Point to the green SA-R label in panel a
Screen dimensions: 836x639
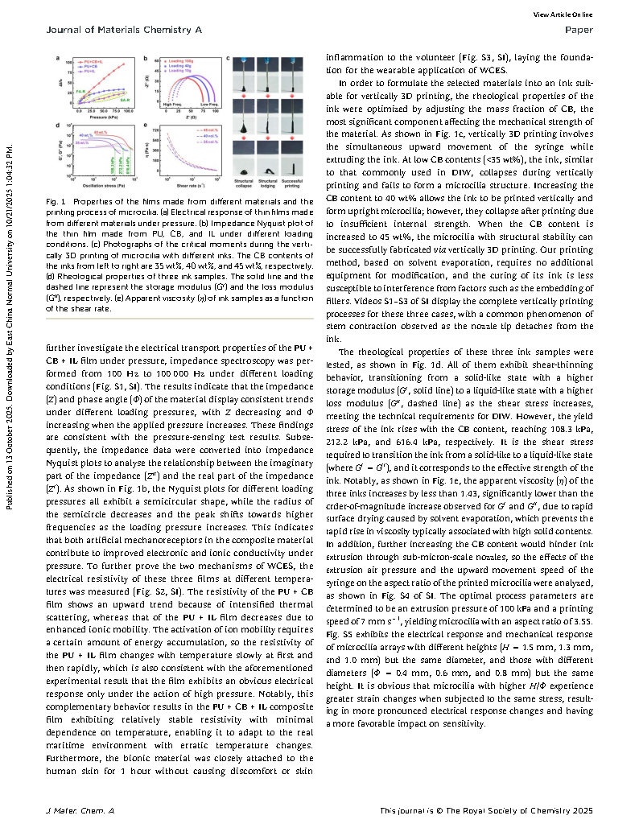coord(126,98)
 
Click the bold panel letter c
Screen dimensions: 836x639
coord(229,58)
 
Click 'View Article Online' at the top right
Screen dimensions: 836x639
coord(563,14)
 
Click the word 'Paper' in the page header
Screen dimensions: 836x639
coord(579,30)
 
